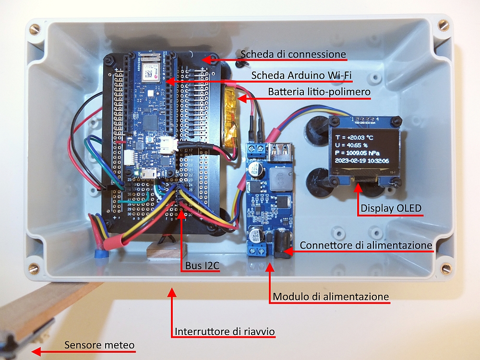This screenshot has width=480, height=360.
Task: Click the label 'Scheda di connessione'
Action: tap(293, 54)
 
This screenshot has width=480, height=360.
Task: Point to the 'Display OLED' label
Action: tap(391, 208)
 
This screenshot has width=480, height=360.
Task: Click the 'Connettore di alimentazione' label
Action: tap(366, 245)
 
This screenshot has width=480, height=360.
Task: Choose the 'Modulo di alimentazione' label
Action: tap(331, 297)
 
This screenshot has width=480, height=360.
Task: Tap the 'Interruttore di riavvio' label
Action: tap(225, 332)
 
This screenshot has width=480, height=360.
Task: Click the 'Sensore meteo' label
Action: tap(99, 345)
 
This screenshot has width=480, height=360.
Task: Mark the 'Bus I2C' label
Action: tap(200, 265)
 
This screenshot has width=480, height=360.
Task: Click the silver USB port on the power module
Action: tap(282, 153)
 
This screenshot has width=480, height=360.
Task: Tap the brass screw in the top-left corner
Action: tap(34, 30)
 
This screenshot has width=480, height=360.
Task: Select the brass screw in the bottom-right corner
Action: tap(446, 268)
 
